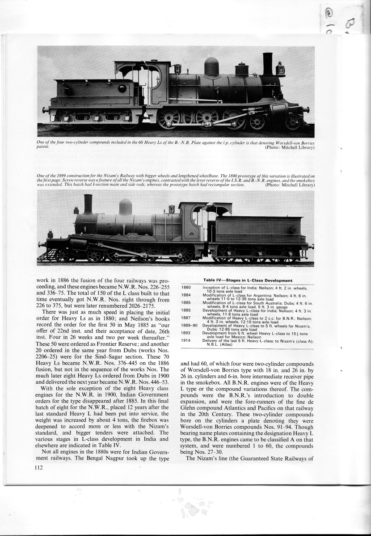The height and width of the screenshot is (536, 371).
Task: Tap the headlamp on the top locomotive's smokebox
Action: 281,69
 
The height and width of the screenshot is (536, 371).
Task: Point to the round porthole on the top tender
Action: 122,88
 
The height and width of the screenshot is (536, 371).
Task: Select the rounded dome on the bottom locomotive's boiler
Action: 126,207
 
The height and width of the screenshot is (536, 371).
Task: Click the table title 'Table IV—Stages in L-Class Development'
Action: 248,280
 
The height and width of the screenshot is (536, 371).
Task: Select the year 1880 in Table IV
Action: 186,288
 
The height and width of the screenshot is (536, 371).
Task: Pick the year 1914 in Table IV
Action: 186,340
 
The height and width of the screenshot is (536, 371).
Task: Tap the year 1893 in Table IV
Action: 186,333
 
